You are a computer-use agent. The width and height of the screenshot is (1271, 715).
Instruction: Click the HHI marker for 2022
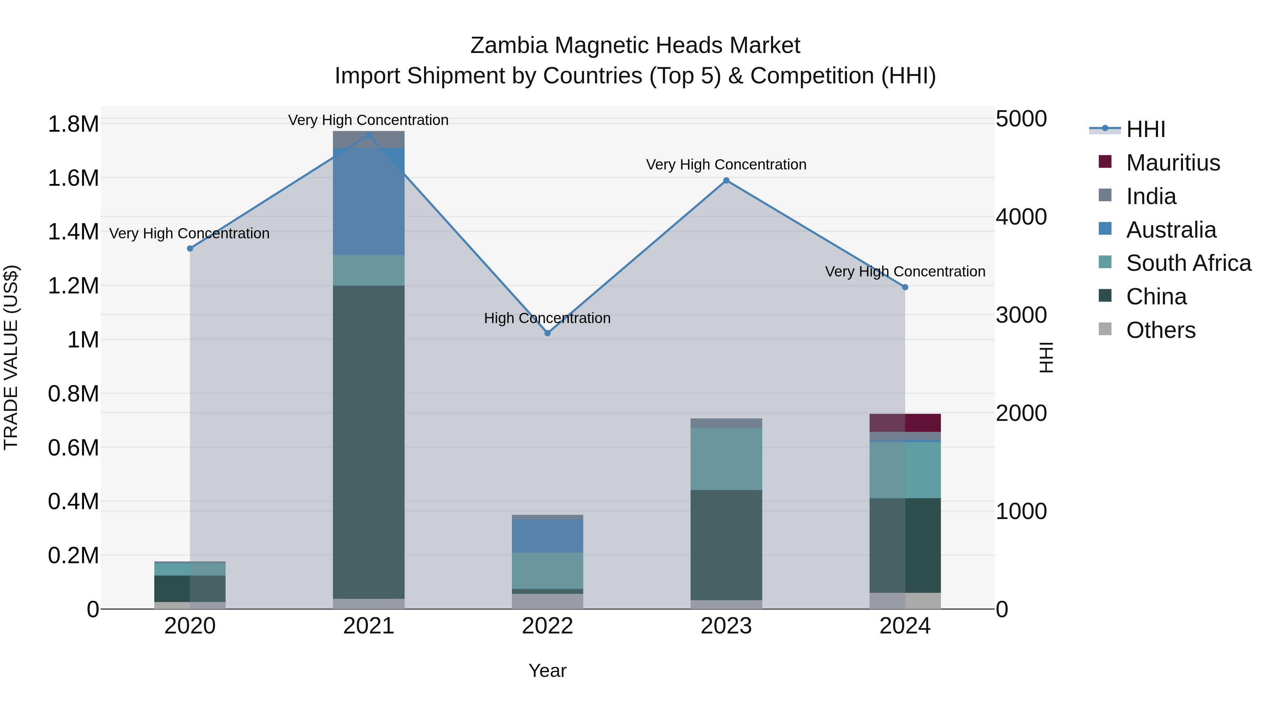tap(547, 333)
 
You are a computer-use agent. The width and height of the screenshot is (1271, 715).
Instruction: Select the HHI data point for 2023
tap(726, 180)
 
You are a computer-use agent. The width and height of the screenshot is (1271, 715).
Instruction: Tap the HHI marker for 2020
tap(190, 248)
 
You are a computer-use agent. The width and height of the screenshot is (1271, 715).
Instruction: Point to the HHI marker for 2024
tap(905, 287)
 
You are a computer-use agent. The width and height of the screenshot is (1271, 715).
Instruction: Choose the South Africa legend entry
tap(1188, 263)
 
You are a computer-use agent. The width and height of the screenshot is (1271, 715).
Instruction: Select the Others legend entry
tap(1160, 330)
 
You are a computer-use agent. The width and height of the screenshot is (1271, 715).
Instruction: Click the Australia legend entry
tap(1171, 230)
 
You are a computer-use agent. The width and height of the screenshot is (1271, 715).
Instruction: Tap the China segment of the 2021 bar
tap(369, 442)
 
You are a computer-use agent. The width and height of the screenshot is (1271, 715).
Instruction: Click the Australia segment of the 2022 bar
tap(547, 536)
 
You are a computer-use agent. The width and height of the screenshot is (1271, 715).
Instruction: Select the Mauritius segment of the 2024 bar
tap(905, 423)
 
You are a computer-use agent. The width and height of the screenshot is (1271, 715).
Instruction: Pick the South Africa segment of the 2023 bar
tap(726, 459)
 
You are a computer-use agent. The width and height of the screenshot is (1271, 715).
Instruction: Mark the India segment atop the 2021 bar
tap(369, 139)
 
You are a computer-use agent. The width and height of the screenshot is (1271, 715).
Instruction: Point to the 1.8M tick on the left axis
tap(73, 124)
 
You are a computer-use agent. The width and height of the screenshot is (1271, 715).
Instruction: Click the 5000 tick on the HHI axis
tap(1021, 119)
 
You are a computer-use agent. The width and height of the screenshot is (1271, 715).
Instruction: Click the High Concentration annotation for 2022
tap(547, 318)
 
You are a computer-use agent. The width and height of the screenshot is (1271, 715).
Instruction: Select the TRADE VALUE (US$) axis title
tap(11, 357)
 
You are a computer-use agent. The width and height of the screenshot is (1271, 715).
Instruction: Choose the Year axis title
tap(547, 671)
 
